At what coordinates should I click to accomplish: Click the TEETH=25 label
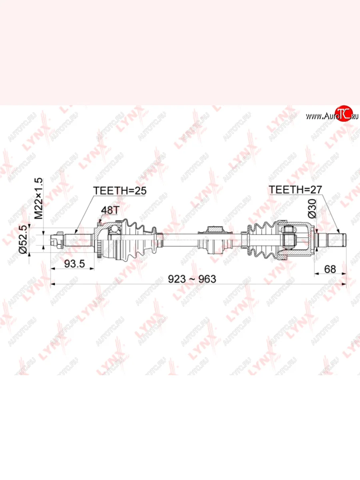pyautogui.click(x=120, y=190)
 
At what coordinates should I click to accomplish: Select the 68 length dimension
pyautogui.click(x=330, y=269)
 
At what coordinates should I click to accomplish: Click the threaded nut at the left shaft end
pyautogui.click(x=57, y=240)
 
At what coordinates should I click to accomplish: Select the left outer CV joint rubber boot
pyautogui.click(x=140, y=240)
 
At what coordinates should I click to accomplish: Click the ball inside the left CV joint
pyautogui.click(x=115, y=229)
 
